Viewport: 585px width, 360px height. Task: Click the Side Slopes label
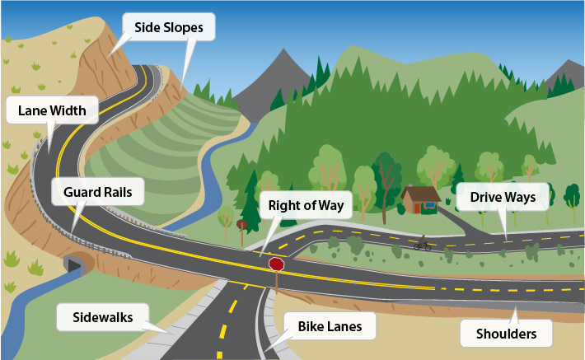coord(169,27)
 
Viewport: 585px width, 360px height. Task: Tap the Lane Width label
coord(52,110)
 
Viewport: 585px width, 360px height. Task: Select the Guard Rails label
coord(98,192)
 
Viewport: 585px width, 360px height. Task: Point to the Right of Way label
coord(306,205)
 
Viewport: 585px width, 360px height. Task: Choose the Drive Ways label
coord(503,197)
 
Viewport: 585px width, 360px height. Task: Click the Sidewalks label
coord(103,317)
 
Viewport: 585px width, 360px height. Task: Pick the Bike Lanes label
coord(330,326)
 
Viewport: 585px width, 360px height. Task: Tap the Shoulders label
coord(506,334)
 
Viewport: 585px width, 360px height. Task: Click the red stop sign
coord(277,264)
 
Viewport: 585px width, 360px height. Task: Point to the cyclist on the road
coord(423,243)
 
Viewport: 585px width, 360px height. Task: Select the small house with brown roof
coord(421,199)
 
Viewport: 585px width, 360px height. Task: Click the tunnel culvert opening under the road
coord(74,264)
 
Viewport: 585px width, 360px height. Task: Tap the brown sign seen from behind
coord(241,225)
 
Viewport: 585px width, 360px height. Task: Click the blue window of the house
coord(430,205)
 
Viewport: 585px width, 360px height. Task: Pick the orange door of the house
coord(417,208)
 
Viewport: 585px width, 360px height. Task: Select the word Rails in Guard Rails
coord(118,192)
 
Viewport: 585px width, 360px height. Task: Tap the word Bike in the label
coord(309,326)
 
